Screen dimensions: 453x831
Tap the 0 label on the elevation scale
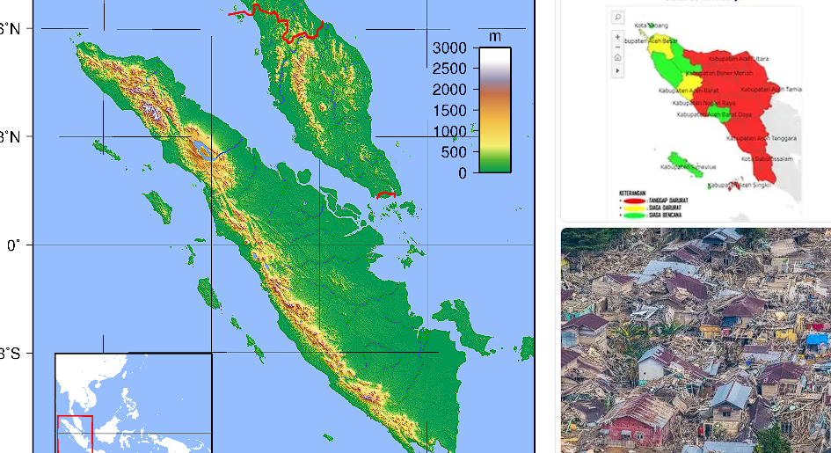tap(463, 173)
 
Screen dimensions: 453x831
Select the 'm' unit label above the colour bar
tap(494, 36)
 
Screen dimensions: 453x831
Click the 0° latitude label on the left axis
tap(13, 245)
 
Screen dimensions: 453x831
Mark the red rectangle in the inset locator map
tap(74, 433)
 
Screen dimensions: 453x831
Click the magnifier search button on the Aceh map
tap(617, 17)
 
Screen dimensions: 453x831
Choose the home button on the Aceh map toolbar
tap(617, 57)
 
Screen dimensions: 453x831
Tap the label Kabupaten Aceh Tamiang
tap(771, 89)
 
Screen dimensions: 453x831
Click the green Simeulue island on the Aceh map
tap(692, 169)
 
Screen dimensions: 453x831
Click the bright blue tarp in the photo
tap(818, 339)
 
